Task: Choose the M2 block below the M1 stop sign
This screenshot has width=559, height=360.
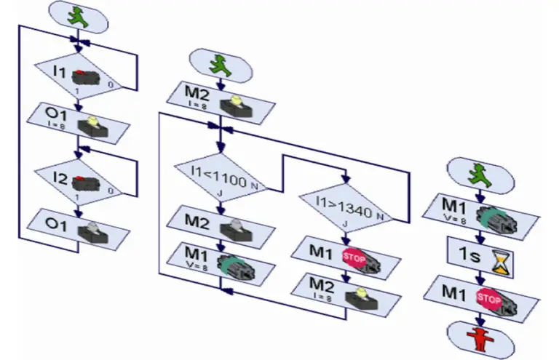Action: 346,288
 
